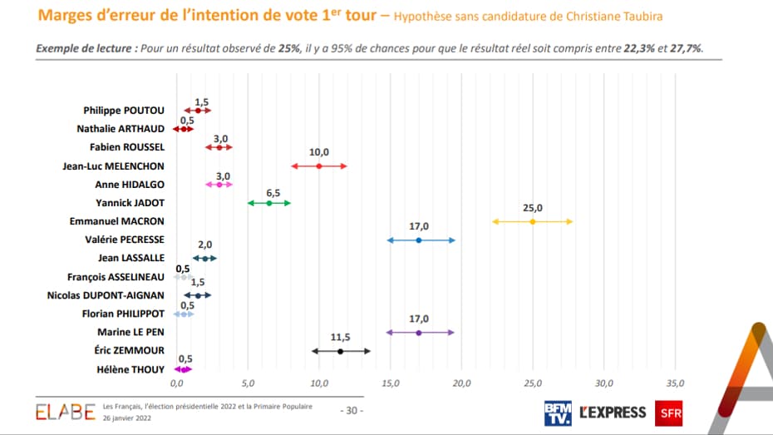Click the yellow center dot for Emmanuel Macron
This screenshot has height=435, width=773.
coord(533,221)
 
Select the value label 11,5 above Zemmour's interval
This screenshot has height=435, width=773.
coord(340,337)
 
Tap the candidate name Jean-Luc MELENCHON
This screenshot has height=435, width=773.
coord(113,166)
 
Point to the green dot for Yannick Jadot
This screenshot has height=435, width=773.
coord(269,203)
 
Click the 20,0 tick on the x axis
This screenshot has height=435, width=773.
coord(461,383)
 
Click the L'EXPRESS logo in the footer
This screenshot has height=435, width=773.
coord(613,412)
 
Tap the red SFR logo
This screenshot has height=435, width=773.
coord(670,412)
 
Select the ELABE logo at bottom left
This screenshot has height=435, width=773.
coord(65,412)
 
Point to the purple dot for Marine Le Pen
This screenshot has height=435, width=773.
coord(418,332)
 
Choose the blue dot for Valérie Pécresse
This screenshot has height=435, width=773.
coord(418,240)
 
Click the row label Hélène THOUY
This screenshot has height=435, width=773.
coord(129,368)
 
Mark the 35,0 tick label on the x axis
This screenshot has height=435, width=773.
coord(675,383)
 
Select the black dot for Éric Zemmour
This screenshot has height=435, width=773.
coord(340,351)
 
